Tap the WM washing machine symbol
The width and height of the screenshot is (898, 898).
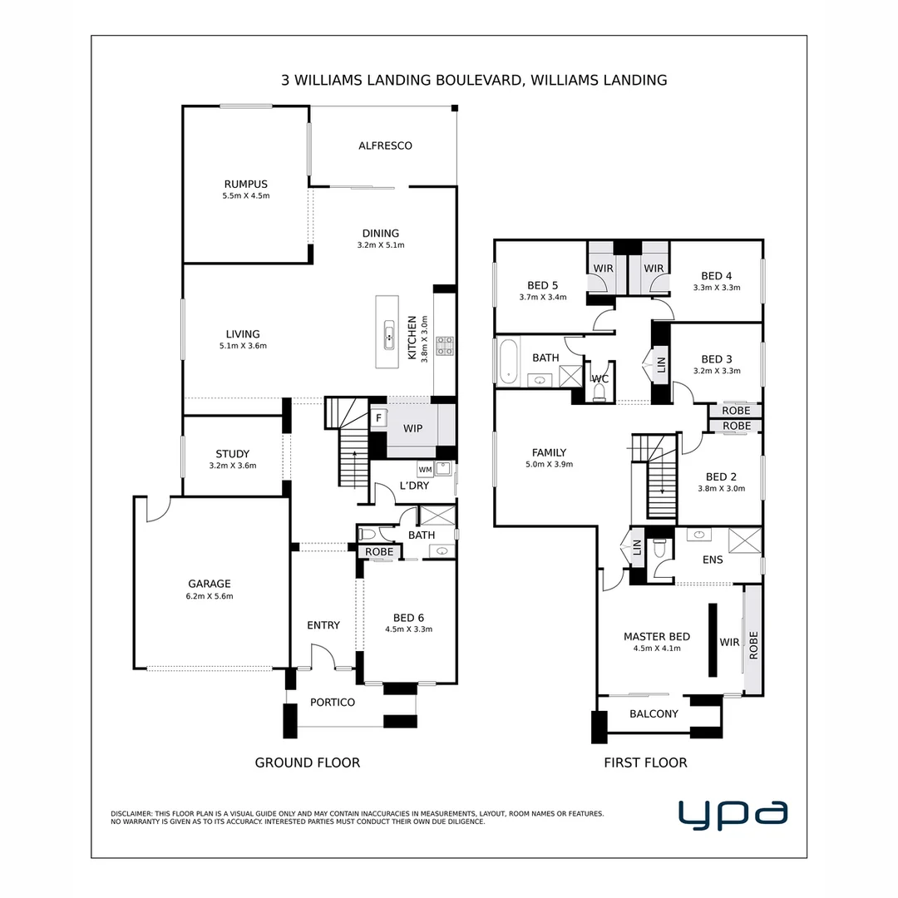(x=425, y=470)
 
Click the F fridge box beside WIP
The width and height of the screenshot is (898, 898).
(x=378, y=418)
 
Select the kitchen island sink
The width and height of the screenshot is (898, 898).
(x=389, y=335)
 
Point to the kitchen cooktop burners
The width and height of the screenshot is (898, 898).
(x=445, y=345)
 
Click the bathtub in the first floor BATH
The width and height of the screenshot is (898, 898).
(x=508, y=362)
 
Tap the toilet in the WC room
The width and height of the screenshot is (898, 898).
(x=599, y=392)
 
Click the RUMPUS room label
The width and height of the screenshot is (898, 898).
(x=245, y=184)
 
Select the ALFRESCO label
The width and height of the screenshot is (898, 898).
(x=386, y=146)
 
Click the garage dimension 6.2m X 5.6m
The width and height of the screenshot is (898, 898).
(x=210, y=596)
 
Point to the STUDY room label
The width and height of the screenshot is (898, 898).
(x=233, y=454)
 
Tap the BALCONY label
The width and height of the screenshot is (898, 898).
(x=654, y=713)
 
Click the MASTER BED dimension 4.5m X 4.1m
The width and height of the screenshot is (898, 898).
(x=657, y=649)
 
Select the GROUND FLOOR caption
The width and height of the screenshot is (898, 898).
(x=308, y=762)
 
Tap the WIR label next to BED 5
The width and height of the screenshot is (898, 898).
(x=603, y=268)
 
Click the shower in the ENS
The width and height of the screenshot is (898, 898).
(x=744, y=540)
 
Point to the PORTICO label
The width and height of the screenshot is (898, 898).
(x=333, y=702)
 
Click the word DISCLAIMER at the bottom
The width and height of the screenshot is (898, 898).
(x=131, y=813)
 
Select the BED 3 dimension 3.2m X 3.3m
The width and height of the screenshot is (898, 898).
(x=717, y=371)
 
